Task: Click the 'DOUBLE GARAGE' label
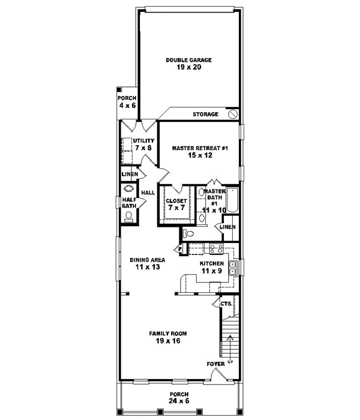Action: click(188, 60)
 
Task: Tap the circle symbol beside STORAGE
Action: click(234, 114)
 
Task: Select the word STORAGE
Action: click(205, 114)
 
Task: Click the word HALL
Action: click(148, 193)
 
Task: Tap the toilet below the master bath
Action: click(188, 233)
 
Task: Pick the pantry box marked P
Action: click(179, 249)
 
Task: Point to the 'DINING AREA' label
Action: click(148, 260)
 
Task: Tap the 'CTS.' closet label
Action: click(226, 304)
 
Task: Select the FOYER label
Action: click(215, 364)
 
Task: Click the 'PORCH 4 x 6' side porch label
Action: click(127, 101)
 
